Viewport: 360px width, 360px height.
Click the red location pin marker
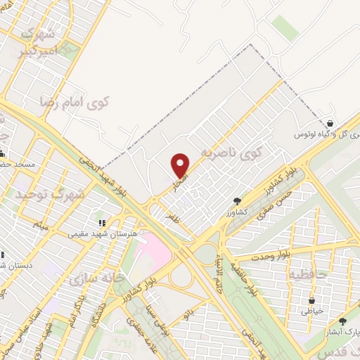click(x=181, y=165)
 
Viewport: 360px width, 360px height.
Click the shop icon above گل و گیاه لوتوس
click(x=330, y=124)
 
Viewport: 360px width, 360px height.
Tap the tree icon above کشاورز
click(x=236, y=200)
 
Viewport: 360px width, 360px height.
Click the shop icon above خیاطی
click(x=311, y=300)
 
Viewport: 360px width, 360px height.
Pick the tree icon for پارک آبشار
click(x=342, y=321)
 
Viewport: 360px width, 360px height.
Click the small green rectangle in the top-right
click(x=285, y=27)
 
